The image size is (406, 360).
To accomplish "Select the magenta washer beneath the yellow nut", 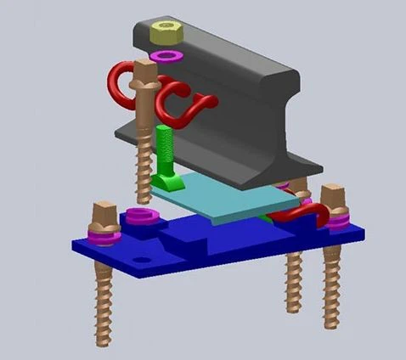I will (x=167, y=56).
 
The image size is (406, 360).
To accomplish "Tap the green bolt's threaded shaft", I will (x=163, y=149).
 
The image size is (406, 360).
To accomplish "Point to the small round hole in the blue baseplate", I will (x=140, y=257).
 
